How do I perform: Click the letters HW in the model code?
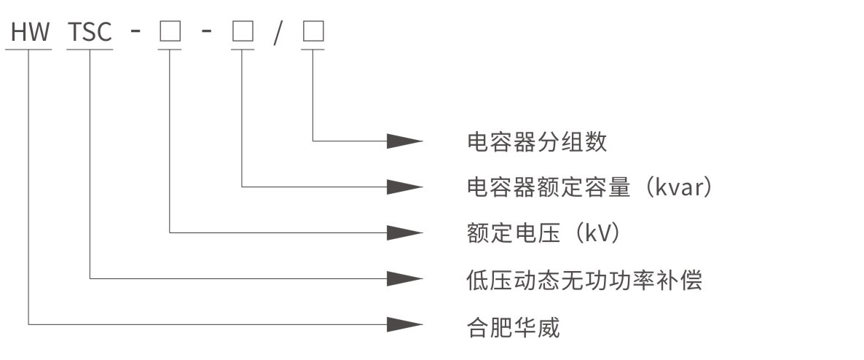(28, 32)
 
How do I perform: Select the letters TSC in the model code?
(90, 32)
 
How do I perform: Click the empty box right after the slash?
(313, 32)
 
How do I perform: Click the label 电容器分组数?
(537, 141)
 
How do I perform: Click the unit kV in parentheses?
(600, 232)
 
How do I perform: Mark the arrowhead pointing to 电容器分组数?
(404, 141)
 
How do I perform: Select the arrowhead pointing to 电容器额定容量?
(404, 187)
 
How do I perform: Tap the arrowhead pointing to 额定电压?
(404, 232)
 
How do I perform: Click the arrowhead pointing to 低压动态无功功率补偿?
(404, 278)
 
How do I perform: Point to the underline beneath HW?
(28, 50)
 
